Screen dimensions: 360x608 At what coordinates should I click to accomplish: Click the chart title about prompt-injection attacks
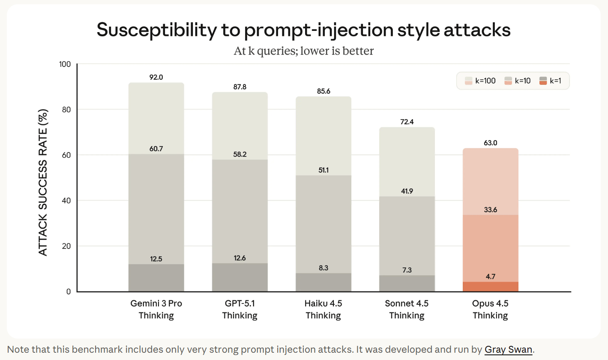pos(303,30)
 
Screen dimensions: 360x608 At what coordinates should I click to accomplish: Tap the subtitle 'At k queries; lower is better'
pos(303,51)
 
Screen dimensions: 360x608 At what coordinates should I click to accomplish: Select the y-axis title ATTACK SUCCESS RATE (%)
pos(43,182)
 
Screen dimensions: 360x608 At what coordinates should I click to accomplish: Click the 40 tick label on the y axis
pos(67,201)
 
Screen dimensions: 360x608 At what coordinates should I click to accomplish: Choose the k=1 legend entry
pos(551,81)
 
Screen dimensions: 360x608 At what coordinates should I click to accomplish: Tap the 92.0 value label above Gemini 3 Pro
pos(156,77)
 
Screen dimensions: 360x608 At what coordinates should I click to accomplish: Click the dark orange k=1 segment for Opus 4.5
pos(491,287)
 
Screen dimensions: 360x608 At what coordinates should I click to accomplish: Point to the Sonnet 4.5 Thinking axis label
pos(407,309)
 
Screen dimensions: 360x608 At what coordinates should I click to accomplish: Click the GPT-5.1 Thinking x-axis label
pos(240,309)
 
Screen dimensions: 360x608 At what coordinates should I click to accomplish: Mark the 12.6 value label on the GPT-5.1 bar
pos(240,258)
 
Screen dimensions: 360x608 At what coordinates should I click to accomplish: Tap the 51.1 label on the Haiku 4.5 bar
pos(323,170)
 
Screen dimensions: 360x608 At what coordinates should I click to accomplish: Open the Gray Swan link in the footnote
pos(508,349)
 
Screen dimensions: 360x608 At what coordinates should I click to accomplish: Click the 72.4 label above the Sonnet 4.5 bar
pos(407,122)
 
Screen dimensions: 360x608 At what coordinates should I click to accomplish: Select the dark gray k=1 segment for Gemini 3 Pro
pos(156,278)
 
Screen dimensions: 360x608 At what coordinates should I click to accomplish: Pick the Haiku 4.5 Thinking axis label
pos(323,309)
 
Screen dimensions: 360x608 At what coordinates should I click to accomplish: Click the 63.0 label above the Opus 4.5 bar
pos(491,143)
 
